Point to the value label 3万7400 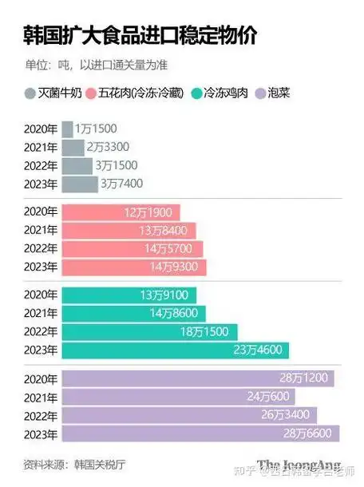tap(121, 184)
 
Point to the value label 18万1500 tap(205, 331)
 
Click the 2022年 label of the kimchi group tap(42, 415)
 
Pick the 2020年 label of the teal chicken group tap(42, 295)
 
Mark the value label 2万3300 tap(108, 148)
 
